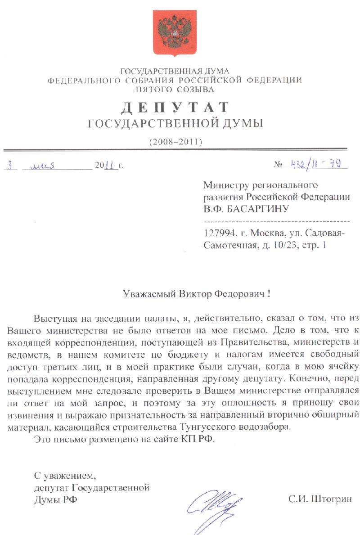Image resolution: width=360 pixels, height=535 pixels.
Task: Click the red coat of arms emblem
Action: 175,33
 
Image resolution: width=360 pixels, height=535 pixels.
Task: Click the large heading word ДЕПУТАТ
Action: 175,108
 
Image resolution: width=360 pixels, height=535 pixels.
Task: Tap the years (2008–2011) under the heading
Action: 175,141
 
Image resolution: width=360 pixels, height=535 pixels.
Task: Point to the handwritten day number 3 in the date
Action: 10,165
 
